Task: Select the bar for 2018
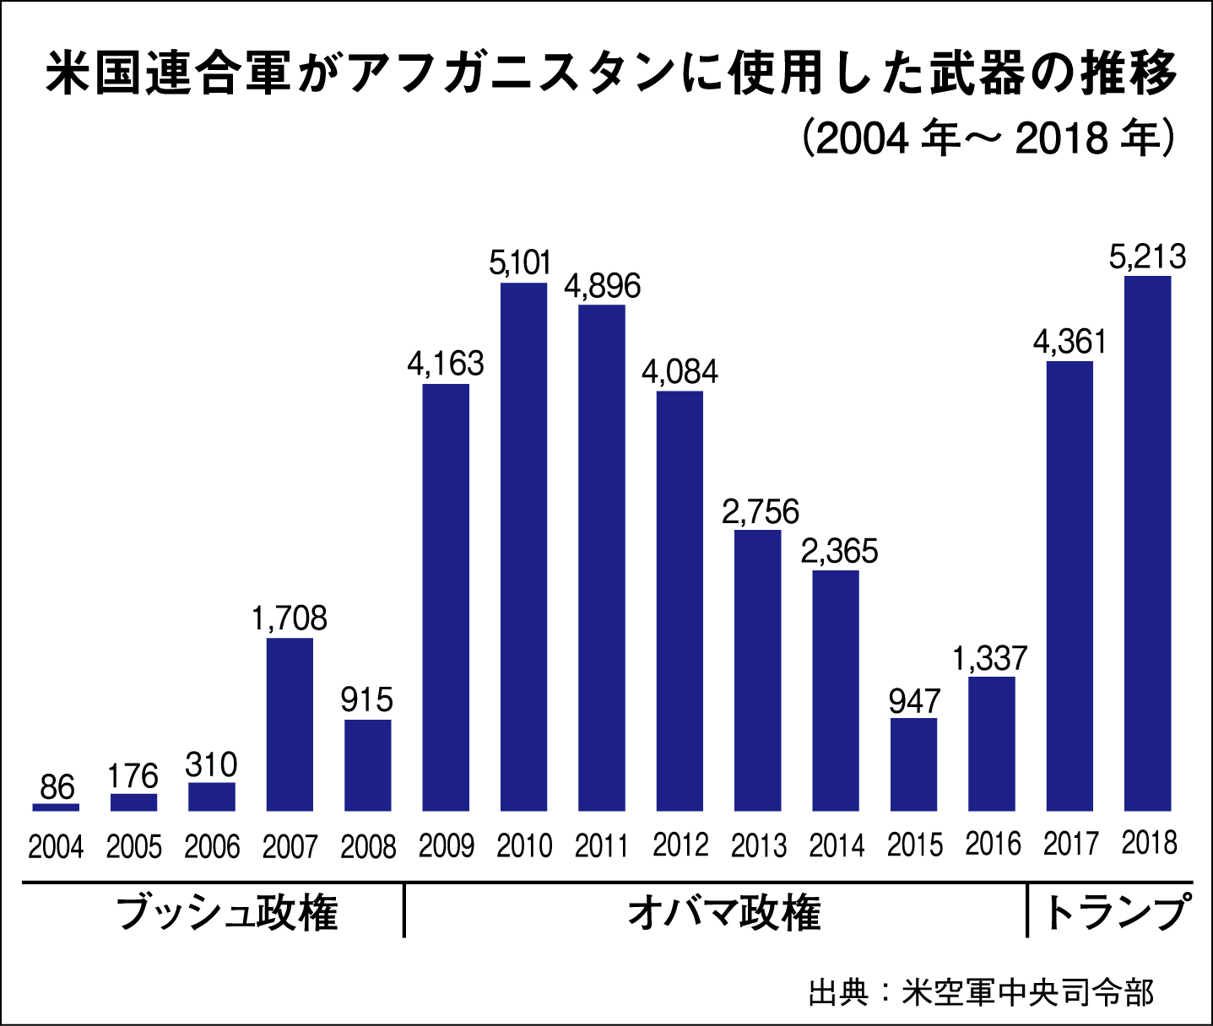click(x=1148, y=543)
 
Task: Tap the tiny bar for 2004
click(x=56, y=807)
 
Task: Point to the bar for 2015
click(x=914, y=764)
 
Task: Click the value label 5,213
click(x=1147, y=256)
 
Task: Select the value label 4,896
click(x=602, y=286)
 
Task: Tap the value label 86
click(x=57, y=787)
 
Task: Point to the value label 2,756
click(x=760, y=511)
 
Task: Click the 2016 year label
click(x=993, y=845)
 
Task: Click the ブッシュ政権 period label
click(x=226, y=913)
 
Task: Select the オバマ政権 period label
click(x=723, y=913)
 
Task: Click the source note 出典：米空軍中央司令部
click(x=980, y=992)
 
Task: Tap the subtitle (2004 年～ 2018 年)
click(x=987, y=138)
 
